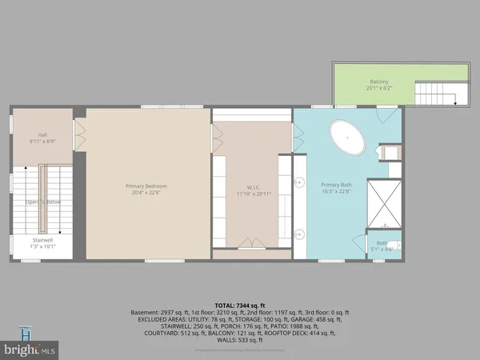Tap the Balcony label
point(379,82)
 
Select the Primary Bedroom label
point(146,186)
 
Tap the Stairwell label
point(42,239)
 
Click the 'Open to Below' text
point(42,202)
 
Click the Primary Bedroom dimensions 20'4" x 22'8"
point(146,193)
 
